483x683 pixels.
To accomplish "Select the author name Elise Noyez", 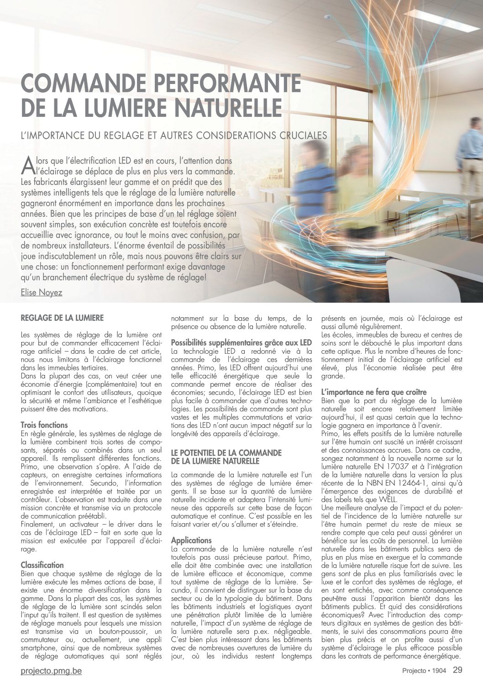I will point(42,292).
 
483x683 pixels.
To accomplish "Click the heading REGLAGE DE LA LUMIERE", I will point(62,317).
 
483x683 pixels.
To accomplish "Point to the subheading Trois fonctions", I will point(44,425).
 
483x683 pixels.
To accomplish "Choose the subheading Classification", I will point(42,565).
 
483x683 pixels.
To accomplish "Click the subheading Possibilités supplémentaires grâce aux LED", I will point(241,342).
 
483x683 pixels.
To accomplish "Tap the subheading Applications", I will point(191,540).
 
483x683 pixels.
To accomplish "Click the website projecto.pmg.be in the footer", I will point(51,671).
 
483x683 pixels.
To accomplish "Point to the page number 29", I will point(457,670).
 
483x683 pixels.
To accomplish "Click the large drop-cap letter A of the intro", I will point(27,165).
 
